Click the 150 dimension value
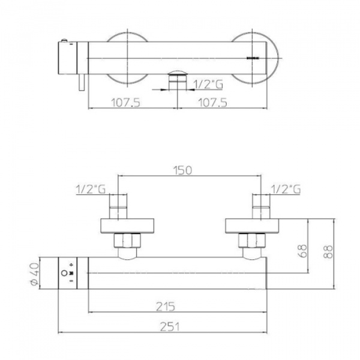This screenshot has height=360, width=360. tap(182, 170)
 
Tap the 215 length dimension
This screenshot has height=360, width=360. tap(166, 307)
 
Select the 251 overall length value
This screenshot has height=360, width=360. tap(169, 327)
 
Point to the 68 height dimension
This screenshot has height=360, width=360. tap(303, 251)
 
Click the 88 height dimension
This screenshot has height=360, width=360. tap(329, 252)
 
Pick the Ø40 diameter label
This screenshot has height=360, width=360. tap(35, 274)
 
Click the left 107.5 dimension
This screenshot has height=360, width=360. tap(125, 103)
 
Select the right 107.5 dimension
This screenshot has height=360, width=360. tap(212, 103)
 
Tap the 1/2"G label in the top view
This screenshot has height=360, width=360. tap(208, 84)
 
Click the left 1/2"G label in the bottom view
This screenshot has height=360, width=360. tap(91, 190)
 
